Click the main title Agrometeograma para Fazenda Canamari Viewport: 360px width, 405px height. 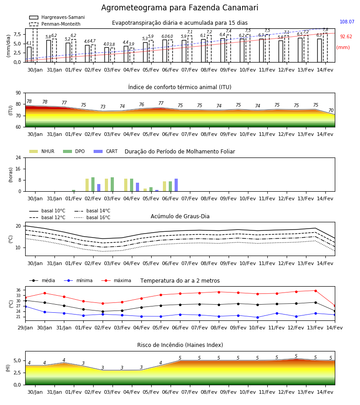180,8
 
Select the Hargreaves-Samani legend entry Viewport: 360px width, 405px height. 57,17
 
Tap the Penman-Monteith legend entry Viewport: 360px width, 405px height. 55,24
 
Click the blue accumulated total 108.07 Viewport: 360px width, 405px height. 347,22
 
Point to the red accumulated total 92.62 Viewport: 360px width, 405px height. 346,37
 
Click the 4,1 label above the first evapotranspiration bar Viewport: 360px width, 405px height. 29,43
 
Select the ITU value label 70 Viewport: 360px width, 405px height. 331,110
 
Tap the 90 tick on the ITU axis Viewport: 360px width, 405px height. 18,93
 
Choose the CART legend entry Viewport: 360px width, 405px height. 106,151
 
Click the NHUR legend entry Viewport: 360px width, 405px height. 42,151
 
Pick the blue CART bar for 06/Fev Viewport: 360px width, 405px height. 176,185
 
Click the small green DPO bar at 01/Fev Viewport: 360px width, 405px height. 74,191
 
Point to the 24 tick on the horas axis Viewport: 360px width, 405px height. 18,157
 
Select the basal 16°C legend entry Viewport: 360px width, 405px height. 92,217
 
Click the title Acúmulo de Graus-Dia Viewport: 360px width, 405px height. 180,216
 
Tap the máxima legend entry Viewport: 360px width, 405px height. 116,280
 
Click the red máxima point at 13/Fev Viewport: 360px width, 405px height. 315,291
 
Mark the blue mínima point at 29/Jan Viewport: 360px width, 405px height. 26,306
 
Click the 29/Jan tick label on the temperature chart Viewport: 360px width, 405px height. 25,328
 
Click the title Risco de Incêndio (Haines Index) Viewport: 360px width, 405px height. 180,345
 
